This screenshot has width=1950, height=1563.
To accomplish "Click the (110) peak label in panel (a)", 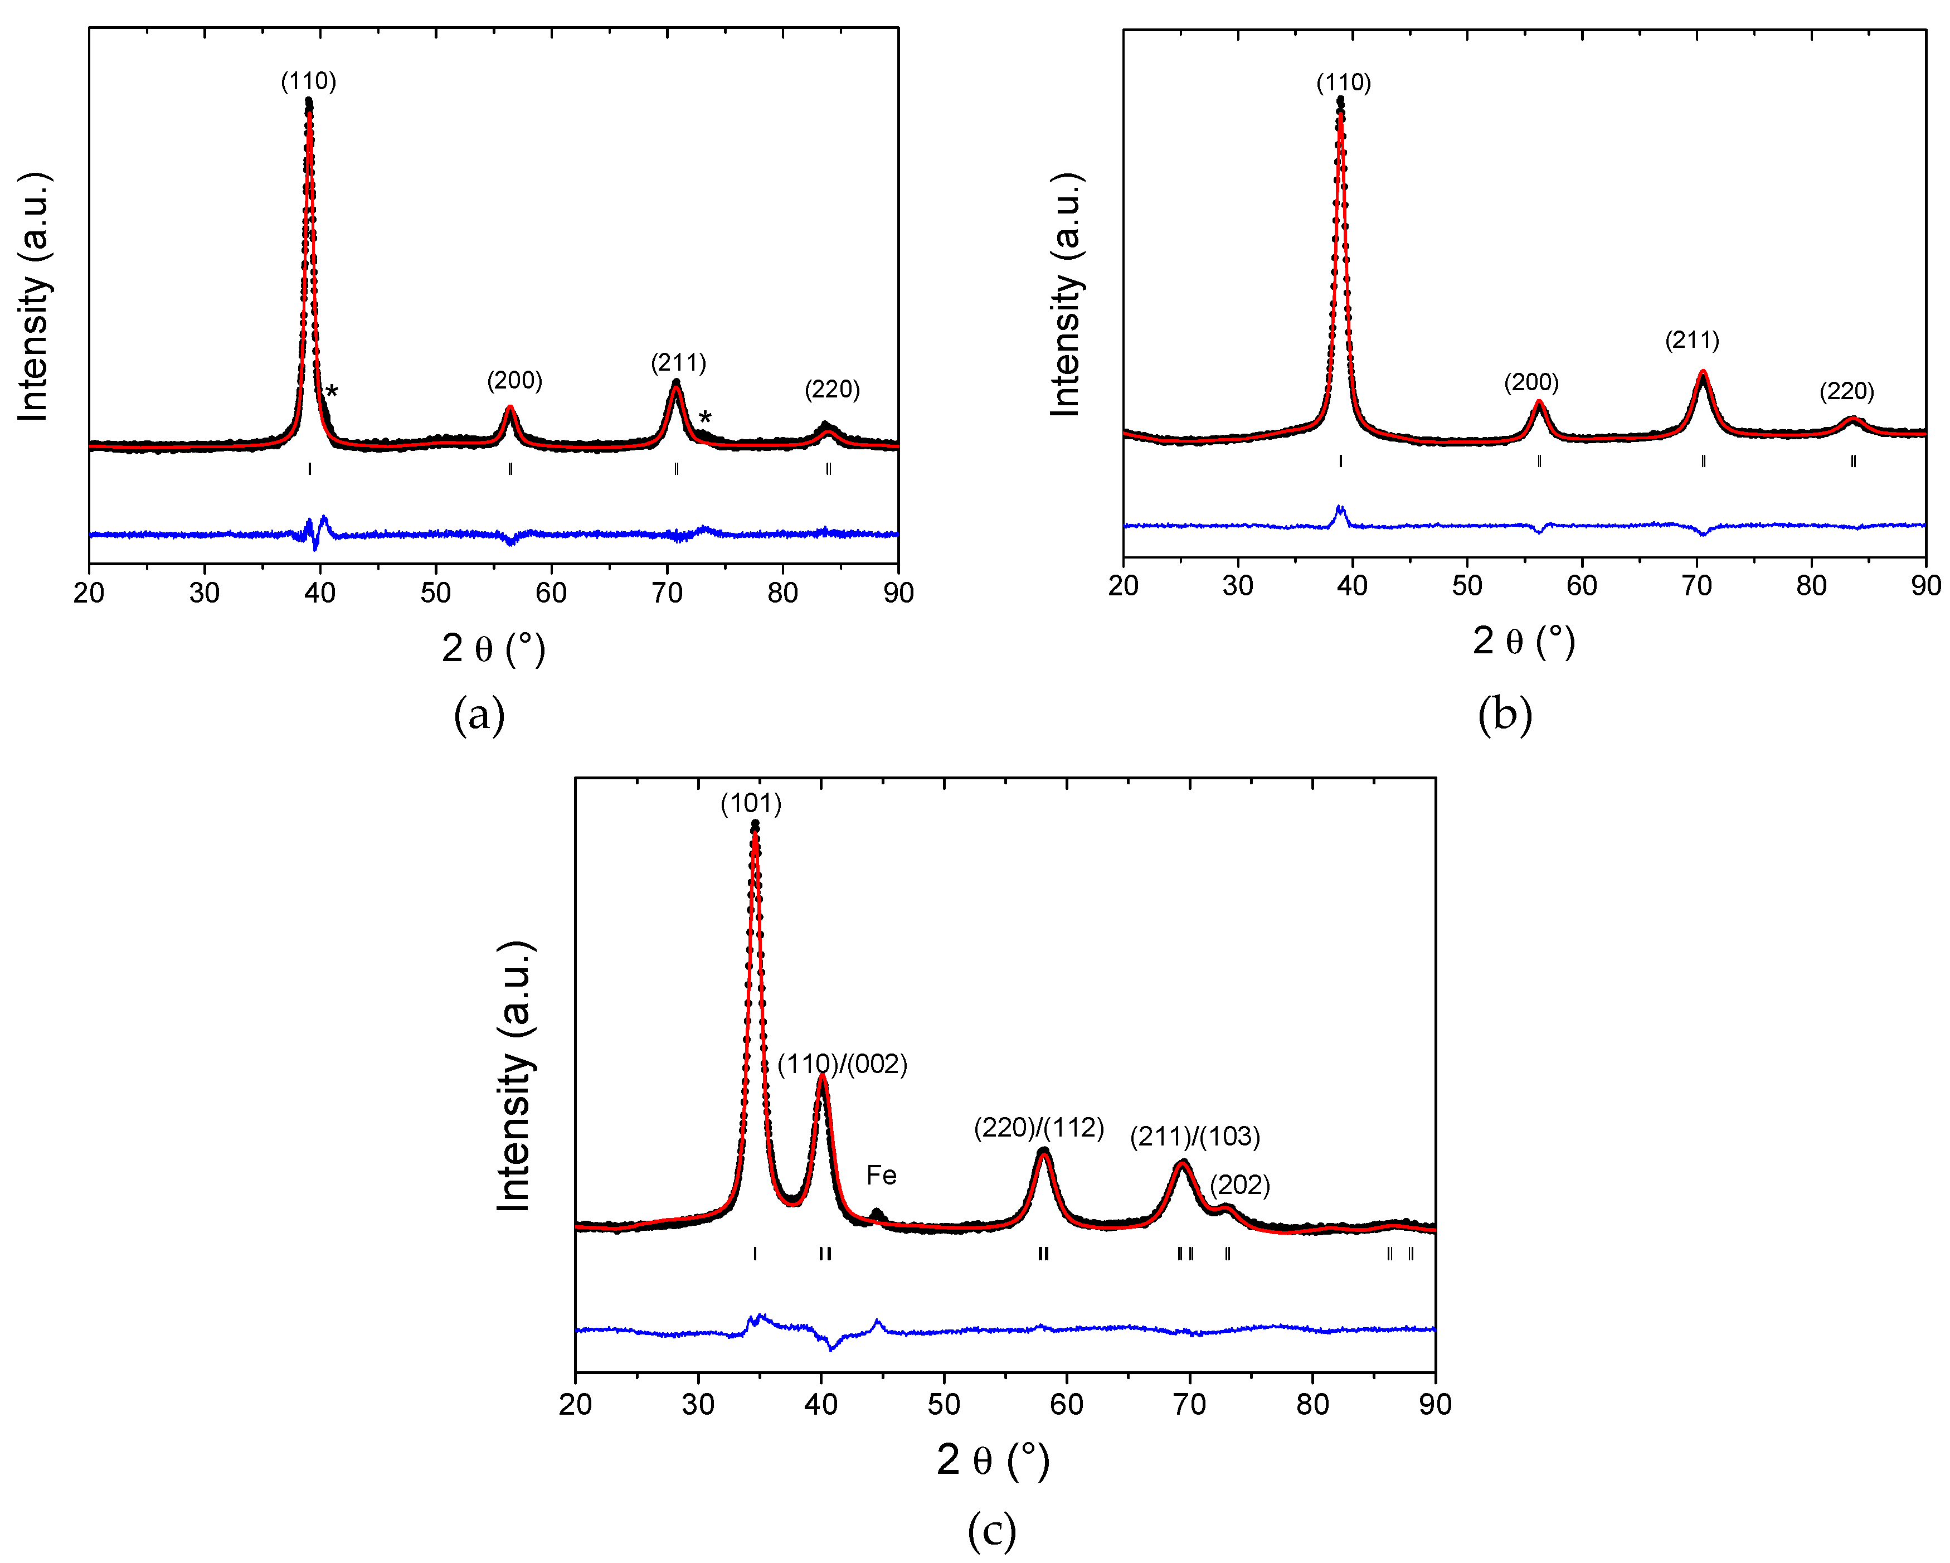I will pos(308,81).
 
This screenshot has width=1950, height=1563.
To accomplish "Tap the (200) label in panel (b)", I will pos(1531,382).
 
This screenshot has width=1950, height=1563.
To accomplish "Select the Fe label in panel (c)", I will pos(881,1175).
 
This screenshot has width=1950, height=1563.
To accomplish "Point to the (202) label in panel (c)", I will pos(1240,1185).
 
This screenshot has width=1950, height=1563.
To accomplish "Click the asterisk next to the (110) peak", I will pos(332,392).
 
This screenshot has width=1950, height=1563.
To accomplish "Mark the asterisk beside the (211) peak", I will pos(704,419).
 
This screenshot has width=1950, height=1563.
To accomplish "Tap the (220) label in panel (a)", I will pos(832,390).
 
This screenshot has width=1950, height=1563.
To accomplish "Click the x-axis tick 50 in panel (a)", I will pos(435,593).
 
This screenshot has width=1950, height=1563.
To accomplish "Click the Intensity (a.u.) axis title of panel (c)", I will pos(514,1076).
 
